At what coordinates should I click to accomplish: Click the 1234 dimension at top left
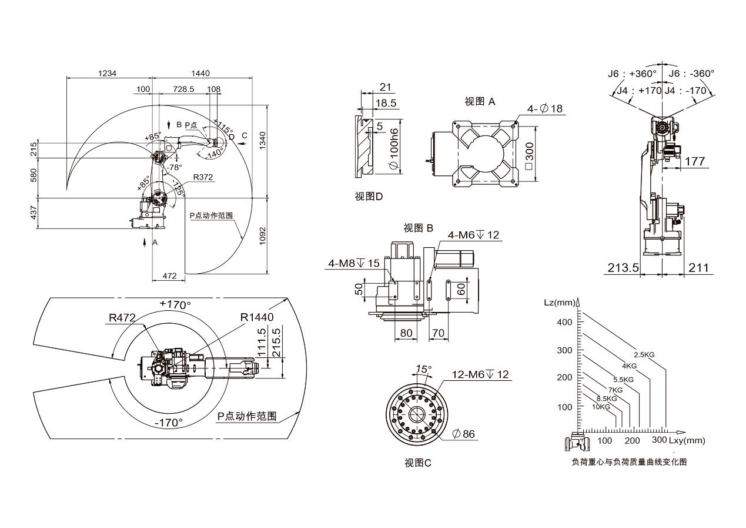[108, 73]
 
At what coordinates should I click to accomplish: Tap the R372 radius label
[204, 176]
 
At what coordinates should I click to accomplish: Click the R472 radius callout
[122, 318]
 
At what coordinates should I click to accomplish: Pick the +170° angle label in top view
[175, 305]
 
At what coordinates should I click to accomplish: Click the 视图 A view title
[480, 101]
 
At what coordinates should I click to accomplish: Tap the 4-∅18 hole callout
[545, 109]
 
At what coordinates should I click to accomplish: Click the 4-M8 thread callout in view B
[353, 263]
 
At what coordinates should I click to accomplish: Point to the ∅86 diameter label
[464, 434]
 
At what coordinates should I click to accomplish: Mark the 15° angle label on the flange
[423, 369]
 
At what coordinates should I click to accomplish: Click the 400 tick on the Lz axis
[565, 322]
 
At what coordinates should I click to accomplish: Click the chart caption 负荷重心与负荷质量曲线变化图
[629, 462]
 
